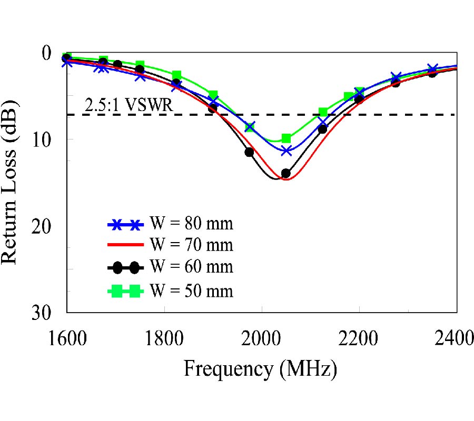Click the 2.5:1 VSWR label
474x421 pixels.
point(129,106)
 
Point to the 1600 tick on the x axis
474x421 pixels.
point(66,337)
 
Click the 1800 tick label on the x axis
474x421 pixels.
point(165,337)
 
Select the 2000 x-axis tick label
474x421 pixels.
point(262,337)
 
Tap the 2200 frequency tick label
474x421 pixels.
point(359,337)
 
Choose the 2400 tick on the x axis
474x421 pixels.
point(455,337)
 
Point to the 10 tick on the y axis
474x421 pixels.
point(42,139)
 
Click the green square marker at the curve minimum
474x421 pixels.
point(286,138)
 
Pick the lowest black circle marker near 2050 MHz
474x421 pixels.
point(286,173)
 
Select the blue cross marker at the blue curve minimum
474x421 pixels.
point(286,151)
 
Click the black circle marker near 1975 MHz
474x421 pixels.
point(249,152)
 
